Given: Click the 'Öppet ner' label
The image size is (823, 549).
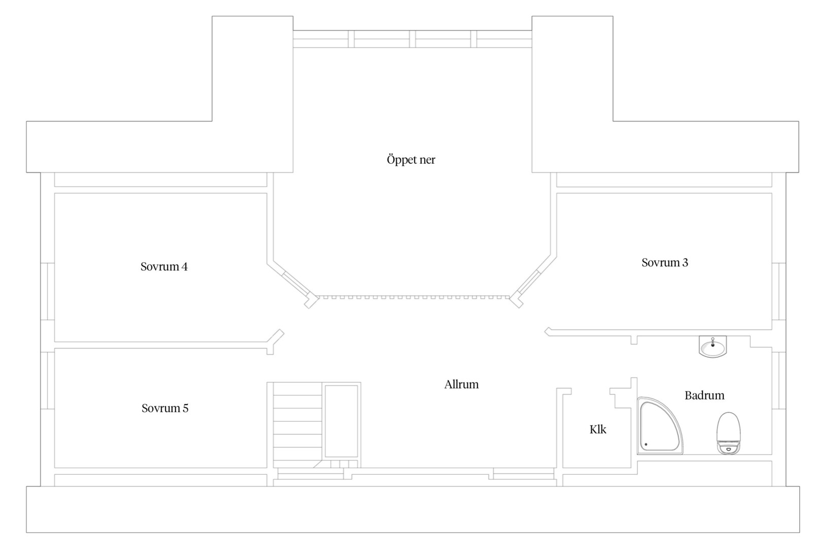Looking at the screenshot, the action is click(x=411, y=160).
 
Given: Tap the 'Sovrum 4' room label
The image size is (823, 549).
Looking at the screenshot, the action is click(x=164, y=266).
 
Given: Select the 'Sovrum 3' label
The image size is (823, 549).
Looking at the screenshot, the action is click(x=664, y=262).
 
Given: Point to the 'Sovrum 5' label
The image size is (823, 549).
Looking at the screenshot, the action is click(x=165, y=408).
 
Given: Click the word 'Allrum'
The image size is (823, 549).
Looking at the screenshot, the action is click(x=461, y=385).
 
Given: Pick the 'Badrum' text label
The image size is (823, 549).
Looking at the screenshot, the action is click(x=704, y=395).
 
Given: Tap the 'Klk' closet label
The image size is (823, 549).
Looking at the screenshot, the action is click(x=598, y=430).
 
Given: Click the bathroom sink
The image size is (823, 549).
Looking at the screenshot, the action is click(x=713, y=347).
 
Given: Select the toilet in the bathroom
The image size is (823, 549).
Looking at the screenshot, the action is click(x=729, y=433).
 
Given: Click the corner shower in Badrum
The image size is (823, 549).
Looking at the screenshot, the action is click(x=659, y=426).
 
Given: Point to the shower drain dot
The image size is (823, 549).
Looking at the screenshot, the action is click(x=646, y=445).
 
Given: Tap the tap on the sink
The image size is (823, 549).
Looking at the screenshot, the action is click(x=713, y=342).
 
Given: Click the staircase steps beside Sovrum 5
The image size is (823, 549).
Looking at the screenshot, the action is click(x=298, y=425).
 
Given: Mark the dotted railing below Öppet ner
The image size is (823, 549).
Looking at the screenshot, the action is click(x=414, y=297).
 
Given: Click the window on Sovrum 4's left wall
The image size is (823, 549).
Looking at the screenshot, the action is click(x=47, y=291).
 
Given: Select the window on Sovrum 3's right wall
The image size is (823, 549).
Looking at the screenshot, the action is click(x=779, y=291).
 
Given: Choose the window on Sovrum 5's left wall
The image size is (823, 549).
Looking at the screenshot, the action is click(x=47, y=380).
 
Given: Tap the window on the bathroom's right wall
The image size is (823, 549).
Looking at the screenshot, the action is click(x=779, y=380).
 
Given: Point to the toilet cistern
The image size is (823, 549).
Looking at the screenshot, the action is click(x=729, y=447).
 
